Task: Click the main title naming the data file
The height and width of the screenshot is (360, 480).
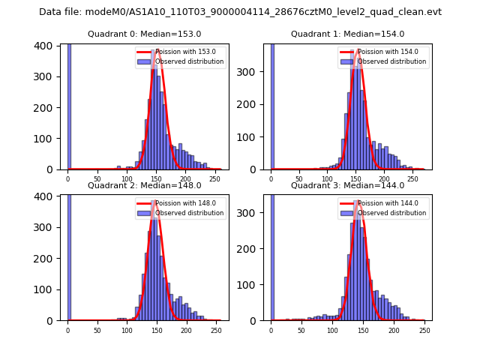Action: tap(240, 12)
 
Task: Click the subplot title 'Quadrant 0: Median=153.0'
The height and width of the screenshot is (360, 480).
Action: tap(144, 34)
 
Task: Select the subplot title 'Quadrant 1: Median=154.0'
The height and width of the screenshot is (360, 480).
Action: tap(347, 34)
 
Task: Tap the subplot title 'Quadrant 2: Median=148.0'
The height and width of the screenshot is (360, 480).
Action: tap(144, 185)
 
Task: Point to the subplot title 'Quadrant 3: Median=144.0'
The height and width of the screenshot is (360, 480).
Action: tap(347, 185)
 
